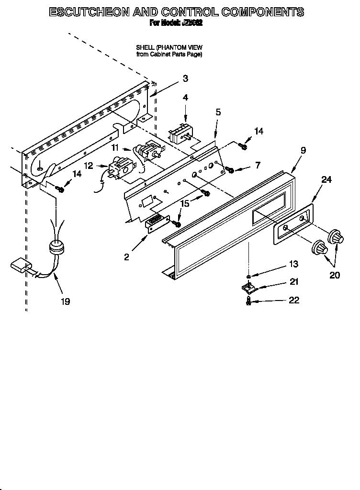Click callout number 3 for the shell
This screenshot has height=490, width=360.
[x=185, y=79]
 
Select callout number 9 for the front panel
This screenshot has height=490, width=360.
[x=303, y=150]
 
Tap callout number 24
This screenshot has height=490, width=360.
[x=326, y=180]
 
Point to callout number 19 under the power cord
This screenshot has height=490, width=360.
[x=65, y=301]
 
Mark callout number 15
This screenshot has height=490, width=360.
[x=184, y=203]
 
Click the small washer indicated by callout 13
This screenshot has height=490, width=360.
[x=248, y=276]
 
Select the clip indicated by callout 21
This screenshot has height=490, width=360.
[x=247, y=288]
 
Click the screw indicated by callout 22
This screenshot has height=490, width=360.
[x=248, y=301]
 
